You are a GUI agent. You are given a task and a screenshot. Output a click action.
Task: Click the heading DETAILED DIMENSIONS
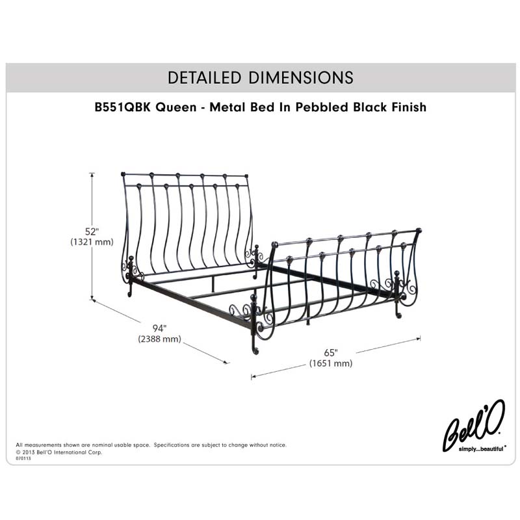pyautogui.click(x=260, y=77)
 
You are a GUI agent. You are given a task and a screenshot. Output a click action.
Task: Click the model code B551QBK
pyautogui.click(x=123, y=107)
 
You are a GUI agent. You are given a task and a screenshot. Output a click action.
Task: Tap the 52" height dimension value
pyautogui.click(x=92, y=231)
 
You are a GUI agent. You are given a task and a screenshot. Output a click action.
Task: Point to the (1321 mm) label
pyautogui.click(x=92, y=242)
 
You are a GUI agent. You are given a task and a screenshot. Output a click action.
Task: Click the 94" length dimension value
pyautogui.click(x=159, y=328)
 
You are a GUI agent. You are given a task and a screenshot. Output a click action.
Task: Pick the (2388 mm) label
pyautogui.click(x=159, y=339)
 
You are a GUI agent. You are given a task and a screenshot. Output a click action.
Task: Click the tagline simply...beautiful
pyautogui.click(x=481, y=448)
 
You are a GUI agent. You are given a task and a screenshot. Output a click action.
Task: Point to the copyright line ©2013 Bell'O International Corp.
pyautogui.click(x=59, y=452)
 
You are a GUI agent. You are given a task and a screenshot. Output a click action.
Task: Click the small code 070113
pyautogui.click(x=23, y=458)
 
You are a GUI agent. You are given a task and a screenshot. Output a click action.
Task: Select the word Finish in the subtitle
pyautogui.click(x=407, y=107)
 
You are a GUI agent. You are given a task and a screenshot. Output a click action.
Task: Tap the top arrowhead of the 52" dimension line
pyautogui.click(x=92, y=174)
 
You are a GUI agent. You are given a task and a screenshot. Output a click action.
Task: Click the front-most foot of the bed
pyautogui.click(x=254, y=351)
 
